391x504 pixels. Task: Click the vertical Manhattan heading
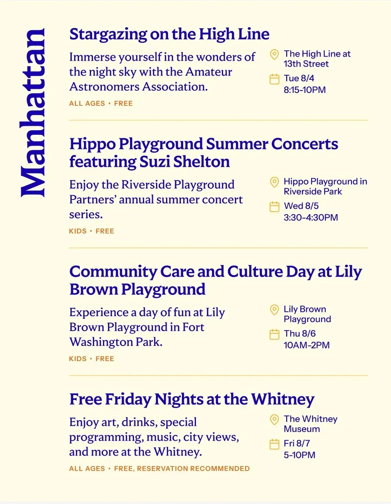(x=32, y=113)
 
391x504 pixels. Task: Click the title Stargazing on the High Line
(x=169, y=34)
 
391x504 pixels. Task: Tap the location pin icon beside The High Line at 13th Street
(x=274, y=55)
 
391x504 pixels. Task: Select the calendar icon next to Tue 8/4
(x=274, y=79)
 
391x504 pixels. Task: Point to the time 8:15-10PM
(x=305, y=90)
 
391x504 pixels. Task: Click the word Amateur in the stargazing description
(x=208, y=72)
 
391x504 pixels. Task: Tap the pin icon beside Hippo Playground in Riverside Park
(x=274, y=182)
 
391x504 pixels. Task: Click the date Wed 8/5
(x=301, y=206)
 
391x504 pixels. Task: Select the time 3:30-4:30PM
(x=311, y=218)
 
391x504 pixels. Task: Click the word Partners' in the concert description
(x=92, y=199)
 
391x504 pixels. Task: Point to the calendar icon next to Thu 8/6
(x=274, y=335)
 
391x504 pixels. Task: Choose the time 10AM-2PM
(x=307, y=345)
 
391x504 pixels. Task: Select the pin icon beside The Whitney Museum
(x=274, y=420)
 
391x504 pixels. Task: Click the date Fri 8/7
(x=297, y=443)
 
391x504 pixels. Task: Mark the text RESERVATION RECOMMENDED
(x=193, y=469)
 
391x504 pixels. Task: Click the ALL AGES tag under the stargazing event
(x=87, y=104)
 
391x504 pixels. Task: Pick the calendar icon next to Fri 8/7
(x=274, y=444)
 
